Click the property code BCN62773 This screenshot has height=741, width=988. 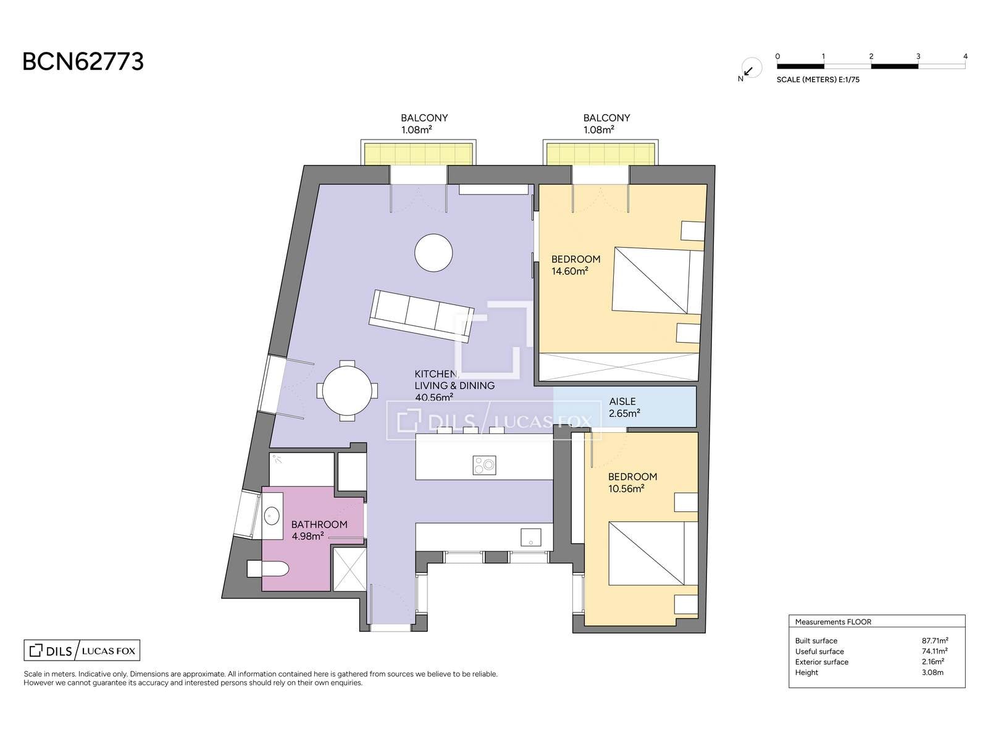click(x=83, y=62)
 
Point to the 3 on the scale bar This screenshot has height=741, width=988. click(x=918, y=57)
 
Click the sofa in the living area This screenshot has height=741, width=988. click(x=421, y=316)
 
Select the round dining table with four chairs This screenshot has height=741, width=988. click(x=347, y=390)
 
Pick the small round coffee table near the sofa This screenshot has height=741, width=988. click(x=433, y=253)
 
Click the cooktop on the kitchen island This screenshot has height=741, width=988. click(x=484, y=465)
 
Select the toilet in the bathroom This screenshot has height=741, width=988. click(x=267, y=569)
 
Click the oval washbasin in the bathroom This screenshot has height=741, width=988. click(x=272, y=516)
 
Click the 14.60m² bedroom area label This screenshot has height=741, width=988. click(x=570, y=271)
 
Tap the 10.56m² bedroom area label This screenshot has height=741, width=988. click(x=627, y=488)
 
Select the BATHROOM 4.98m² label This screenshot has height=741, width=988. click(x=319, y=530)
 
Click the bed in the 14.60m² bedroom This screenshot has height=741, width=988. click(x=657, y=280)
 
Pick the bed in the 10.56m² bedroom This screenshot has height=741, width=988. click(x=653, y=553)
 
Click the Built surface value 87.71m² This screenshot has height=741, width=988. click(x=935, y=640)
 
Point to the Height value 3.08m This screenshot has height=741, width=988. click(x=932, y=672)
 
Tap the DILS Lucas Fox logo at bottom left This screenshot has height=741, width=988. click(x=82, y=651)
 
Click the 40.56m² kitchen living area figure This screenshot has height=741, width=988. click(x=434, y=397)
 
